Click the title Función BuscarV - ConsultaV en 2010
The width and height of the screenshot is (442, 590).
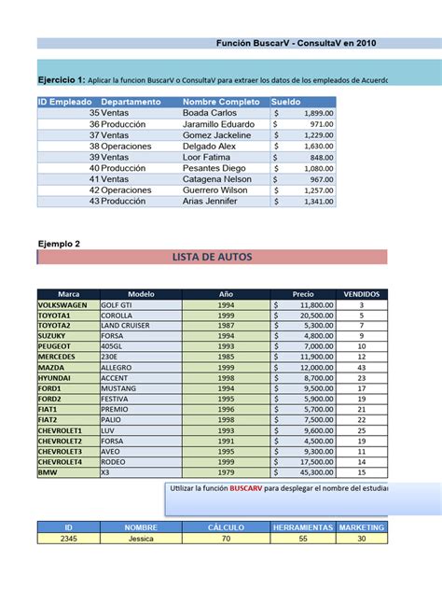(297, 43)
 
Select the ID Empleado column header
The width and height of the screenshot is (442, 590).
(64, 101)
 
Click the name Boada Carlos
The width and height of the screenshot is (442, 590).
(210, 112)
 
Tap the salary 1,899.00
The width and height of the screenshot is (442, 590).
(317, 112)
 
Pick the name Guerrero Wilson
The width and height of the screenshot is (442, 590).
(216, 190)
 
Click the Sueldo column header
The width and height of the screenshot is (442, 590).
(286, 101)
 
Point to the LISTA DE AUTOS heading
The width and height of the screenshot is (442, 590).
(212, 257)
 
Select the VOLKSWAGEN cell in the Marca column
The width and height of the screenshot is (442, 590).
(62, 305)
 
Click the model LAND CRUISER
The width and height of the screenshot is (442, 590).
(128, 325)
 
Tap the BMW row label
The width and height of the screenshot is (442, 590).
(48, 472)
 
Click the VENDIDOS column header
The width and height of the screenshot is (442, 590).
(361, 293)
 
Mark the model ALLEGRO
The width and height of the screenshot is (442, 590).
(117, 368)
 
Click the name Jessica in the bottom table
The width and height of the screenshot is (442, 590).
(141, 538)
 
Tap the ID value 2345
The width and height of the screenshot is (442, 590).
(68, 538)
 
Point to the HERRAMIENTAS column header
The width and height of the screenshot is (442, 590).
(301, 527)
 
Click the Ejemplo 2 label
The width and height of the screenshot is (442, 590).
(59, 244)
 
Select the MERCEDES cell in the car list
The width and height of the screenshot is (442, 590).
(57, 357)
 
